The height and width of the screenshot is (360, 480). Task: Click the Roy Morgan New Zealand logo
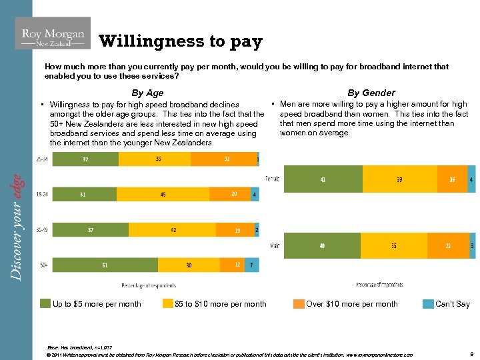pyautogui.click(x=53, y=34)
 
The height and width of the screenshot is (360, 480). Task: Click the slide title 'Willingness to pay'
pyautogui.click(x=181, y=41)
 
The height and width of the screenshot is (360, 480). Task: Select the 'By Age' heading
pyautogui.click(x=147, y=93)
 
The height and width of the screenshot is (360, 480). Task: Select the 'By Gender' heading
pyautogui.click(x=371, y=93)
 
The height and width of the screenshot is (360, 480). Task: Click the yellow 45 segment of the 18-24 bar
pyautogui.click(x=163, y=194)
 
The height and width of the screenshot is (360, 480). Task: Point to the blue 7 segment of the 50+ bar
pyautogui.click(x=251, y=265)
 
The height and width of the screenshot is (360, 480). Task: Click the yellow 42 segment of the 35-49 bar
pyautogui.click(x=173, y=230)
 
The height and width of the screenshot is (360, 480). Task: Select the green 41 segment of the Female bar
pyautogui.click(x=323, y=179)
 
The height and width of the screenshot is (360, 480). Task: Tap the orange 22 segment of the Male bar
pyautogui.click(x=447, y=246)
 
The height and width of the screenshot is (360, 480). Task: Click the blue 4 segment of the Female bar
pyautogui.click(x=471, y=179)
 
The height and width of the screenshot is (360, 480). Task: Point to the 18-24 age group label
pyautogui.click(x=42, y=194)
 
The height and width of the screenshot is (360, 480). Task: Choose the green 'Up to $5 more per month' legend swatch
pyautogui.click(x=45, y=304)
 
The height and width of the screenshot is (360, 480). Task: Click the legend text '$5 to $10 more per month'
pyautogui.click(x=220, y=304)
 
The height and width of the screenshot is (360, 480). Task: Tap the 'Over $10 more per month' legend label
pyautogui.click(x=351, y=304)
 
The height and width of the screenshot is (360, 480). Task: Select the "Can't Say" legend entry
pyautogui.click(x=452, y=304)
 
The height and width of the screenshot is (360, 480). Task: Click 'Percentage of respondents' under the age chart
pyautogui.click(x=148, y=285)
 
